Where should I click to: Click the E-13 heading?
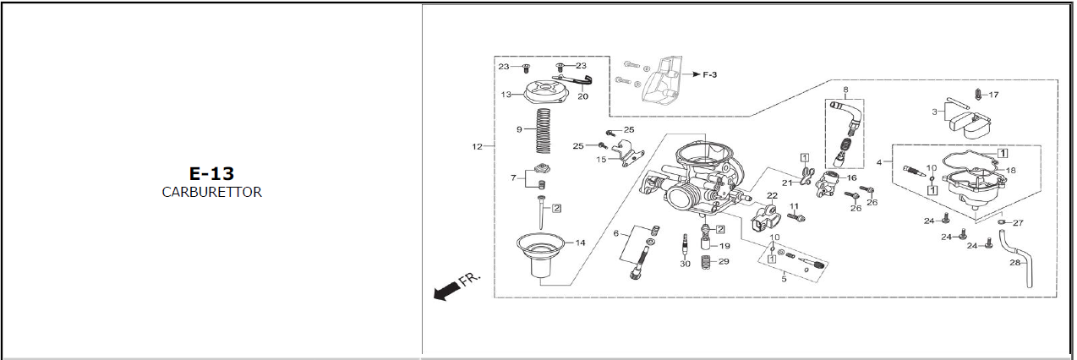[211, 173]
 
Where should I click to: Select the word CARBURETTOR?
[211, 193]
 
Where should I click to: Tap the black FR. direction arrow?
[446, 290]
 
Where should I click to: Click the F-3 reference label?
[709, 74]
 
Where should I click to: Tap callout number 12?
[477, 146]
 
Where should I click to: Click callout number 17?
[994, 95]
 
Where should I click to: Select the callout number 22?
[772, 195]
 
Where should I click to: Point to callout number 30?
[685, 264]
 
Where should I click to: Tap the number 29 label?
[724, 261]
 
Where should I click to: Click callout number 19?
[724, 246]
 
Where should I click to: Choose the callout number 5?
[785, 279]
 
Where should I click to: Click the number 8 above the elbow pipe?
[845, 90]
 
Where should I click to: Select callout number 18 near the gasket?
[1011, 170]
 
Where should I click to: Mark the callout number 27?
[1018, 223]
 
